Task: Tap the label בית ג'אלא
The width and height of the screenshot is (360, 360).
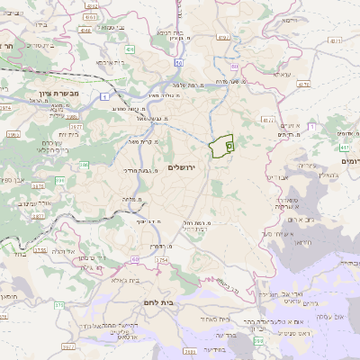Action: pos(123,282)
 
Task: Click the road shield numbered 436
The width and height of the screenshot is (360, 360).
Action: pos(130,50)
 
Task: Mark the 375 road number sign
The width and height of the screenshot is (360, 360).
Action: pos(60,306)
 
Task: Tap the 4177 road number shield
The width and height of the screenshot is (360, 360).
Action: pos(266,118)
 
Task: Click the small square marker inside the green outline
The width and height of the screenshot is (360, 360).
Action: pos(229,144)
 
